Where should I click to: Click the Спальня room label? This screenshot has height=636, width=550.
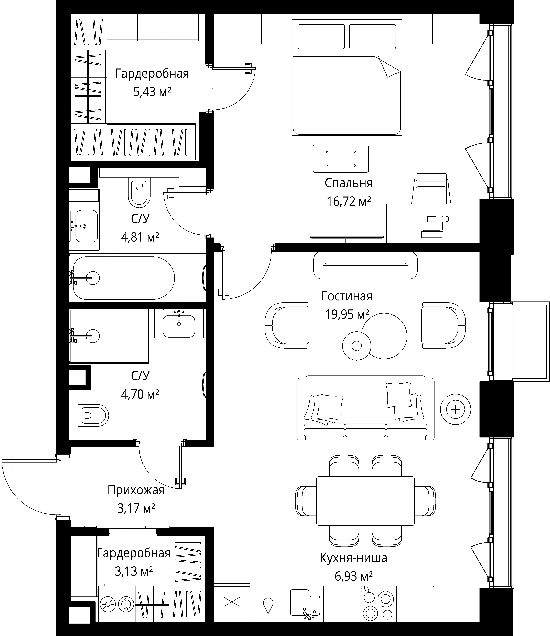coord(348,183)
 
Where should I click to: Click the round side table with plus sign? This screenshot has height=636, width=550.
coord(455,409)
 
